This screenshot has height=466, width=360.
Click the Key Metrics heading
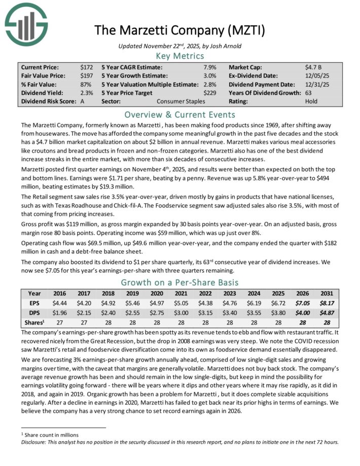coord(179,56)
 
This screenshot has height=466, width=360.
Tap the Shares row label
coord(33,323)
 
